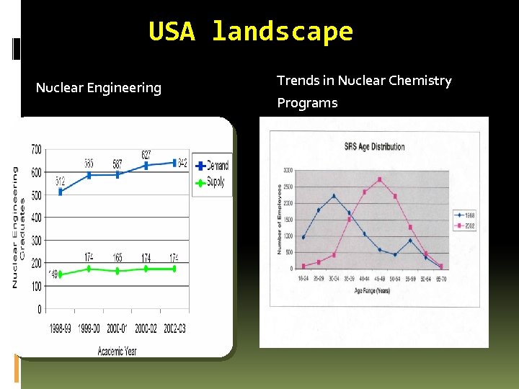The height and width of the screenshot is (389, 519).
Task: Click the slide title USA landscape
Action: (x=251, y=32)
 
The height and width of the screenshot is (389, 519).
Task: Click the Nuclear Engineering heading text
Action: (x=99, y=88)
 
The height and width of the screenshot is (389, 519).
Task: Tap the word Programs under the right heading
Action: (x=307, y=103)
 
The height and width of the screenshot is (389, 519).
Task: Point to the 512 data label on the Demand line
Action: (x=61, y=182)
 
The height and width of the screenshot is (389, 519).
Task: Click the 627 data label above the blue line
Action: (x=147, y=154)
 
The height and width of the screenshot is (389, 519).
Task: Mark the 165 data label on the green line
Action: (x=117, y=257)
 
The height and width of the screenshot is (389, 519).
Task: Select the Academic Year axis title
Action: (x=117, y=351)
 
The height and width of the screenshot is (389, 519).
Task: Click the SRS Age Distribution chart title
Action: (x=373, y=147)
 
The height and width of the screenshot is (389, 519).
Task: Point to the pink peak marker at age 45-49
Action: (x=380, y=179)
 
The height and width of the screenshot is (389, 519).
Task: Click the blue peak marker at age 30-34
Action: (x=334, y=196)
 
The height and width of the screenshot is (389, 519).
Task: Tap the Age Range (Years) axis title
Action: (x=373, y=290)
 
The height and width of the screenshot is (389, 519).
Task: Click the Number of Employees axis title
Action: (x=279, y=219)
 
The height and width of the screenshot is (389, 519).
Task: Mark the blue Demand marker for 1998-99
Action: (x=60, y=192)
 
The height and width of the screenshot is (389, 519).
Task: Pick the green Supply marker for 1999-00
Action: (x=89, y=269)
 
